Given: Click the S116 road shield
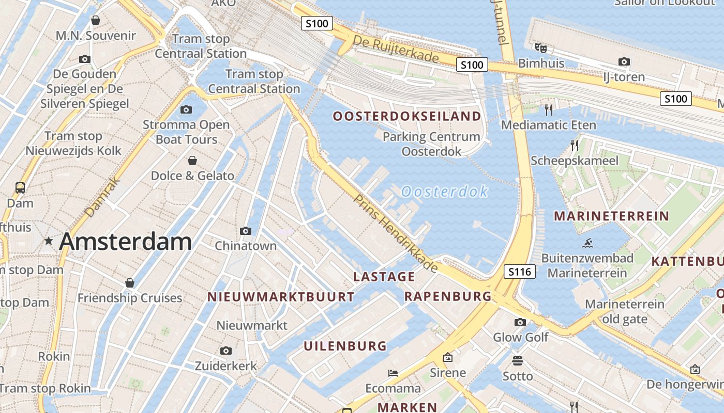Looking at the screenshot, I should tap(520, 272).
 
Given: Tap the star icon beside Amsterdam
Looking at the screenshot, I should tap(49, 241).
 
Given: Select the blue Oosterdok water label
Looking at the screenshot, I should tap(444, 192).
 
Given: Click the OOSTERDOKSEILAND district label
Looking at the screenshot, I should tap(407, 116).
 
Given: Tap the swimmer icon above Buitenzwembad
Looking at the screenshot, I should tap(587, 243).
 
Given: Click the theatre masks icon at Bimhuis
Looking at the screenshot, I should tap(541, 48).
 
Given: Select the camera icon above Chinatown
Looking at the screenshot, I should tap(246, 231).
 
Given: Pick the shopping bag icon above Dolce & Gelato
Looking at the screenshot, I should tap(192, 161).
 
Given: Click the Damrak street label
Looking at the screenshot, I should tap(102, 197).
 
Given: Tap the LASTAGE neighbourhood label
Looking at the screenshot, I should tap(384, 277).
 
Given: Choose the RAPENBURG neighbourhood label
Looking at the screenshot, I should tap(448, 296).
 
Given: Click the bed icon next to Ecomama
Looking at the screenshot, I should tap(393, 373).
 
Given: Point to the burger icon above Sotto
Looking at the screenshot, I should tap(518, 360).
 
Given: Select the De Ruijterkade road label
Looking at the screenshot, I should tap(396, 49).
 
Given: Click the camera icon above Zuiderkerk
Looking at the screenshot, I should tap(225, 351).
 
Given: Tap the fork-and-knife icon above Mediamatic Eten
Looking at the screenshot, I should tap(549, 109).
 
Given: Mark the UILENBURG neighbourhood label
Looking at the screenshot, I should tap(345, 346).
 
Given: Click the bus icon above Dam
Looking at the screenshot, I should tap(20, 187).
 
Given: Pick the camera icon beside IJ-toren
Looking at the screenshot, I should tap(624, 62).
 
